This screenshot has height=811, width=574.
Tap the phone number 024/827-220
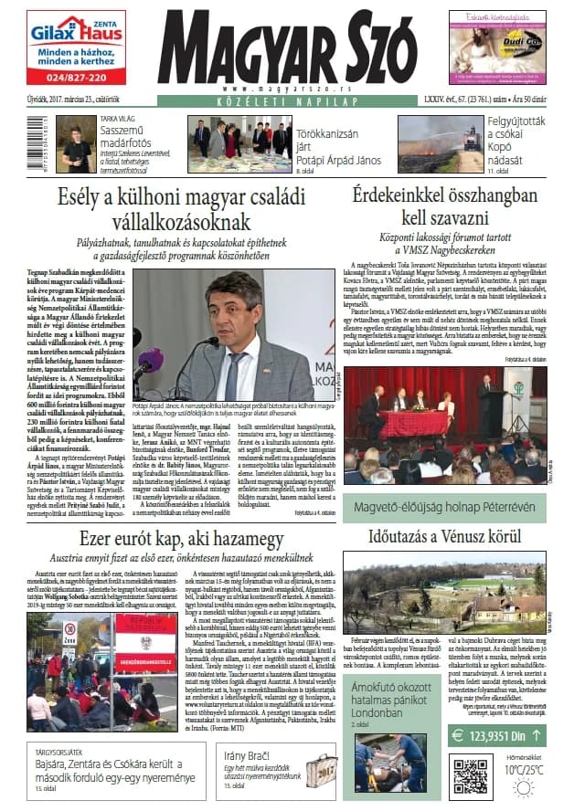[x=77, y=76]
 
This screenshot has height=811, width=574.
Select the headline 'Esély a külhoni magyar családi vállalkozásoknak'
[x=165, y=207]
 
